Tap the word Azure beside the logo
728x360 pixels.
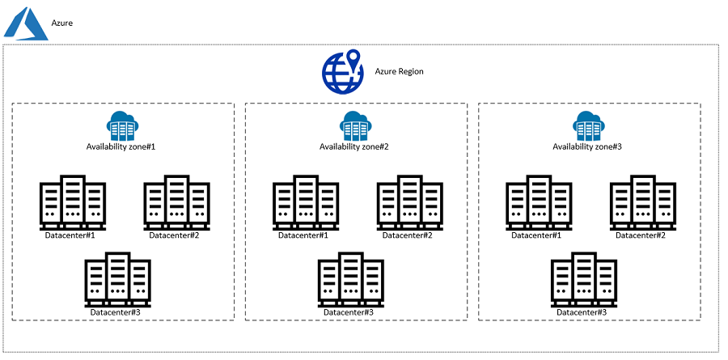click(62, 23)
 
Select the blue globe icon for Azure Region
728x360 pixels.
click(343, 70)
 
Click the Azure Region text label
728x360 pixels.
click(399, 71)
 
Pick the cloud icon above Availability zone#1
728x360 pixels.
click(121, 125)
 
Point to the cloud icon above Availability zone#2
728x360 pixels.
click(354, 125)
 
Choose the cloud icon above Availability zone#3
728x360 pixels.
click(587, 125)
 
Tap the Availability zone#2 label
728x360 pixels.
click(354, 146)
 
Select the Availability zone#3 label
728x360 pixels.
click(587, 146)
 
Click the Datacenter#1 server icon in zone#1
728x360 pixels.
click(73, 202)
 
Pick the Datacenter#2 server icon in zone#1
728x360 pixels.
click(176, 202)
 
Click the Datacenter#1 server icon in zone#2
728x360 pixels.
click(306, 202)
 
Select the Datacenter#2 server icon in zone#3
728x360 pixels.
click(642, 202)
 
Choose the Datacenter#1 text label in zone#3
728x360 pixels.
click(536, 235)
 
